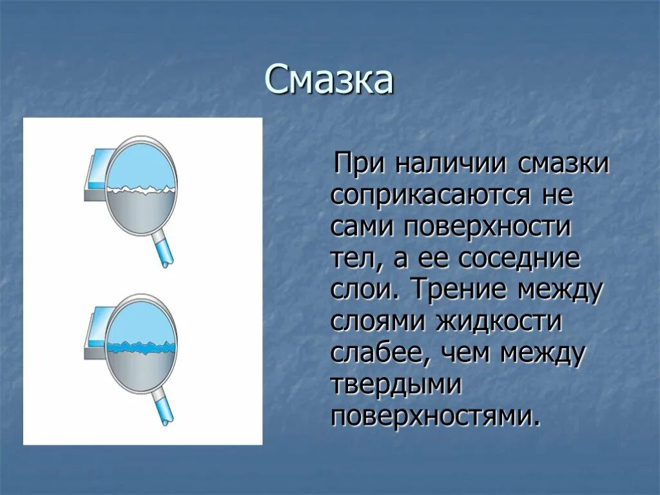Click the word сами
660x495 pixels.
(363, 227)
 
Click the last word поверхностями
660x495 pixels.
(435, 416)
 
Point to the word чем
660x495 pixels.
(467, 353)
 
